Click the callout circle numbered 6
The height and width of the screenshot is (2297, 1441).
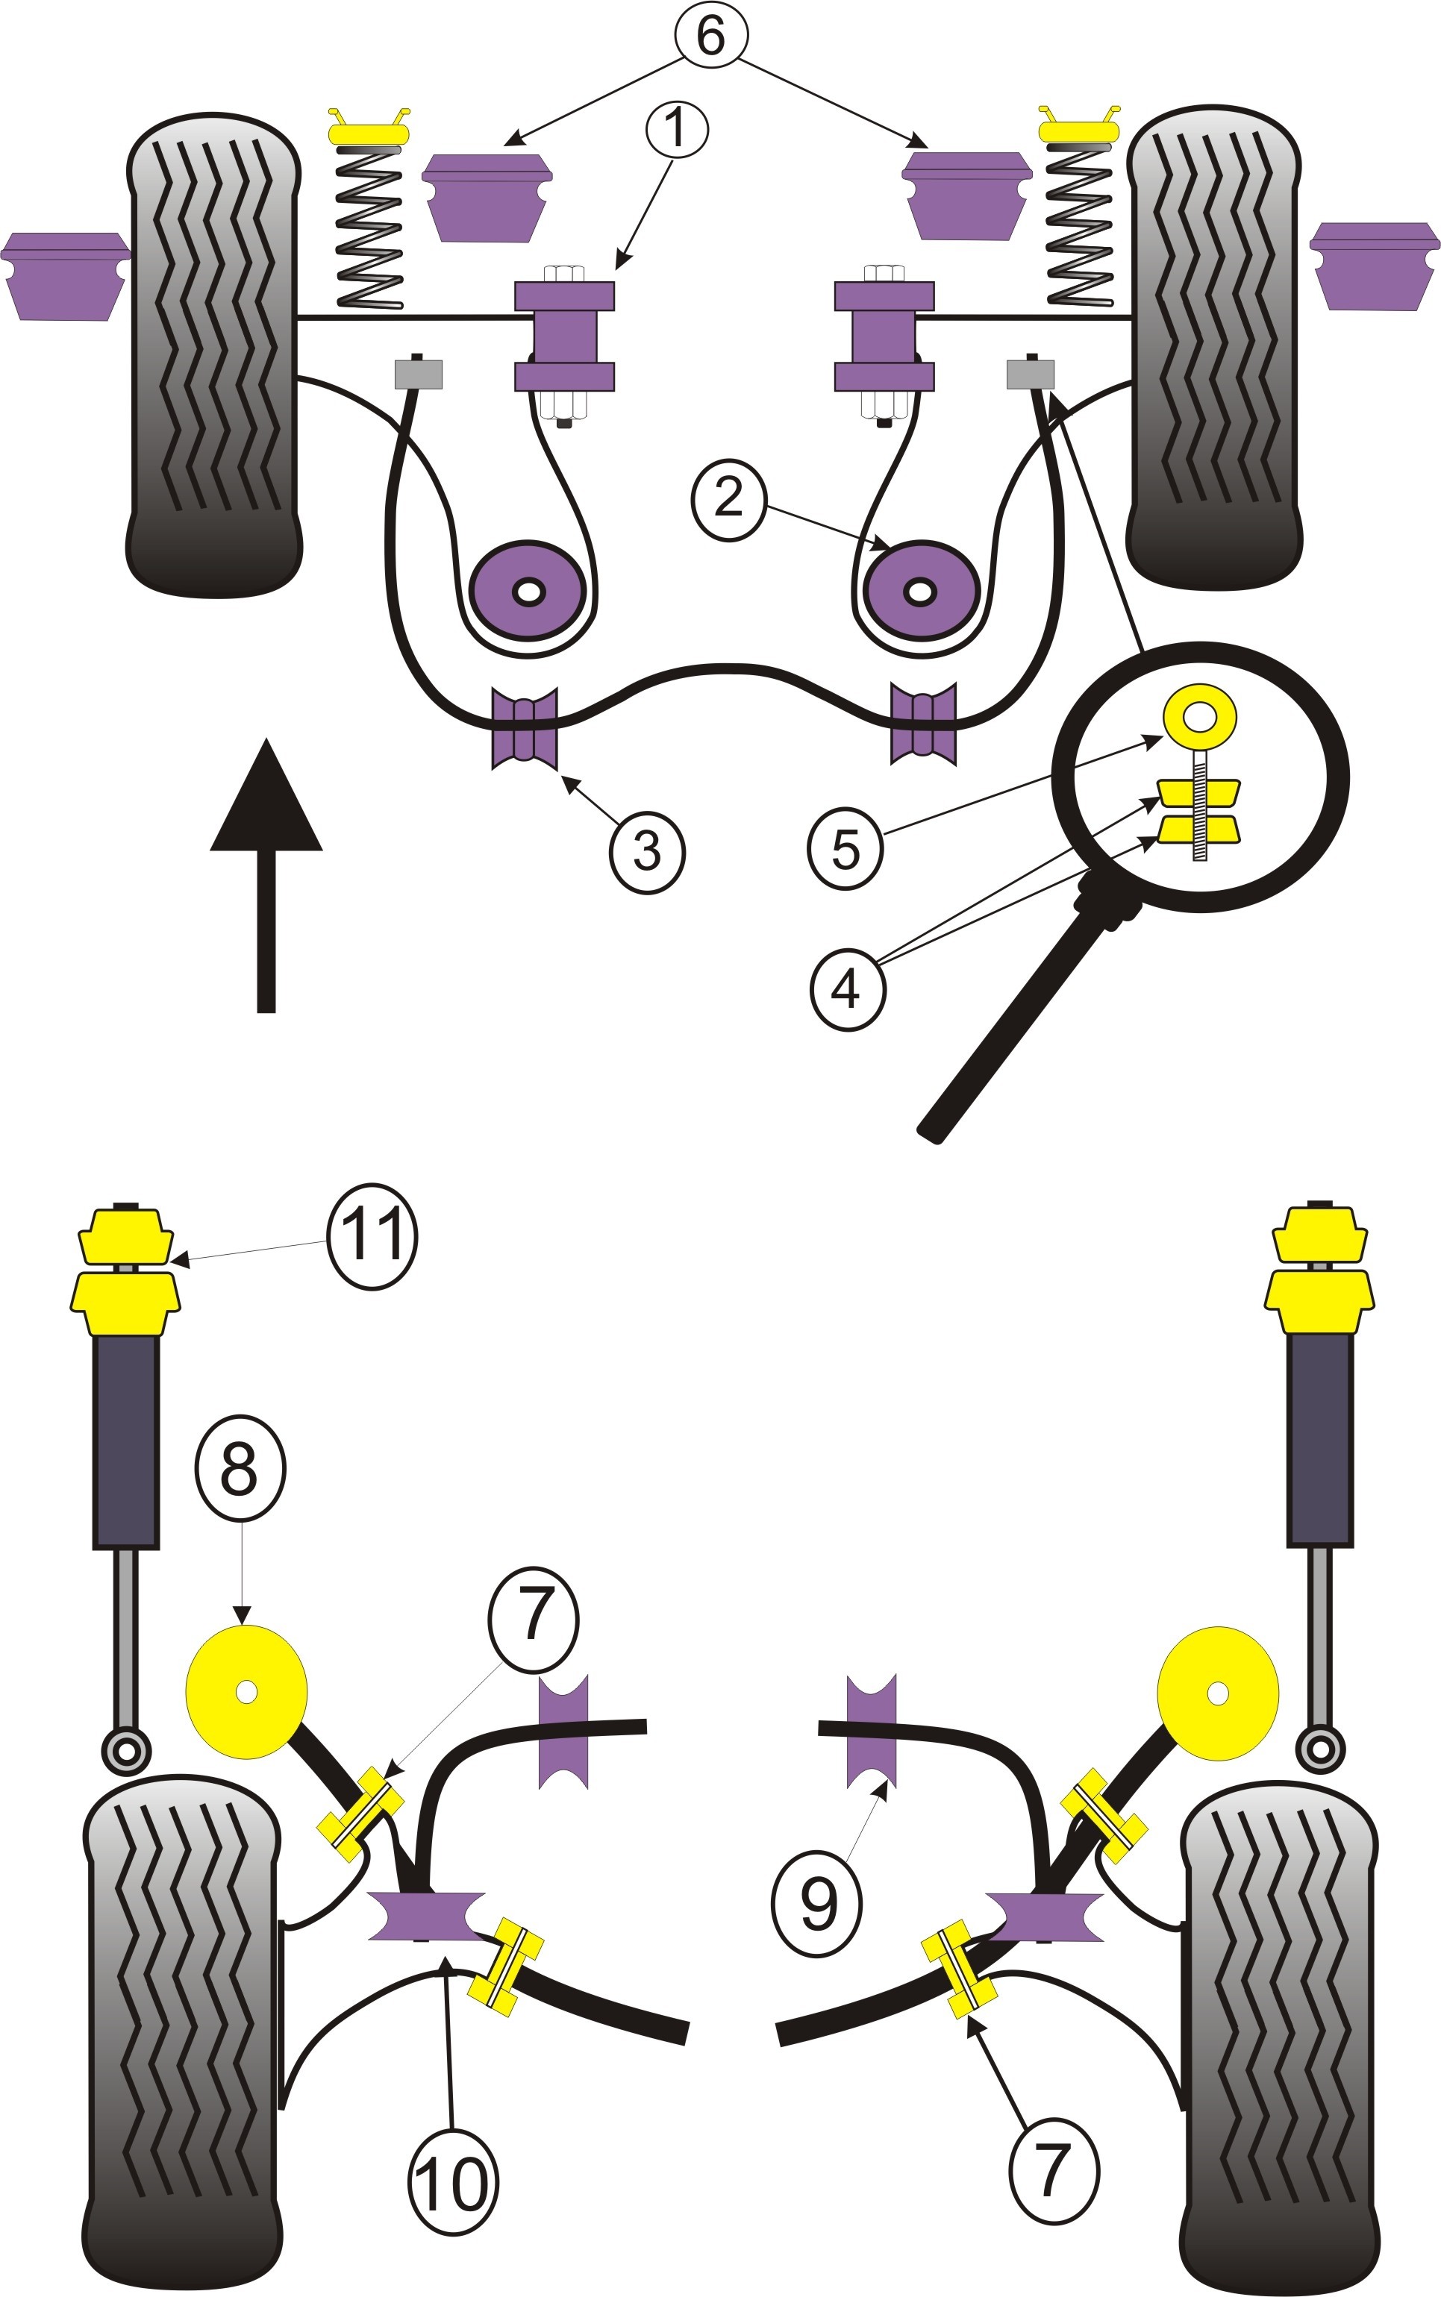(711, 34)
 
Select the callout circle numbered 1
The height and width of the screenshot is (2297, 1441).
(677, 128)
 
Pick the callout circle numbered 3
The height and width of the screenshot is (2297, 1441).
(647, 850)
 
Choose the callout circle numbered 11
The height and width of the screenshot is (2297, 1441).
(372, 1238)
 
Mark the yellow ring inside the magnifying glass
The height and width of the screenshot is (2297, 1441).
(1200, 715)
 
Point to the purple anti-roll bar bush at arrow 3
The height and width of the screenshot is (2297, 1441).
(524, 727)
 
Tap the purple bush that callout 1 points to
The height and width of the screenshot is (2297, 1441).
(564, 336)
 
